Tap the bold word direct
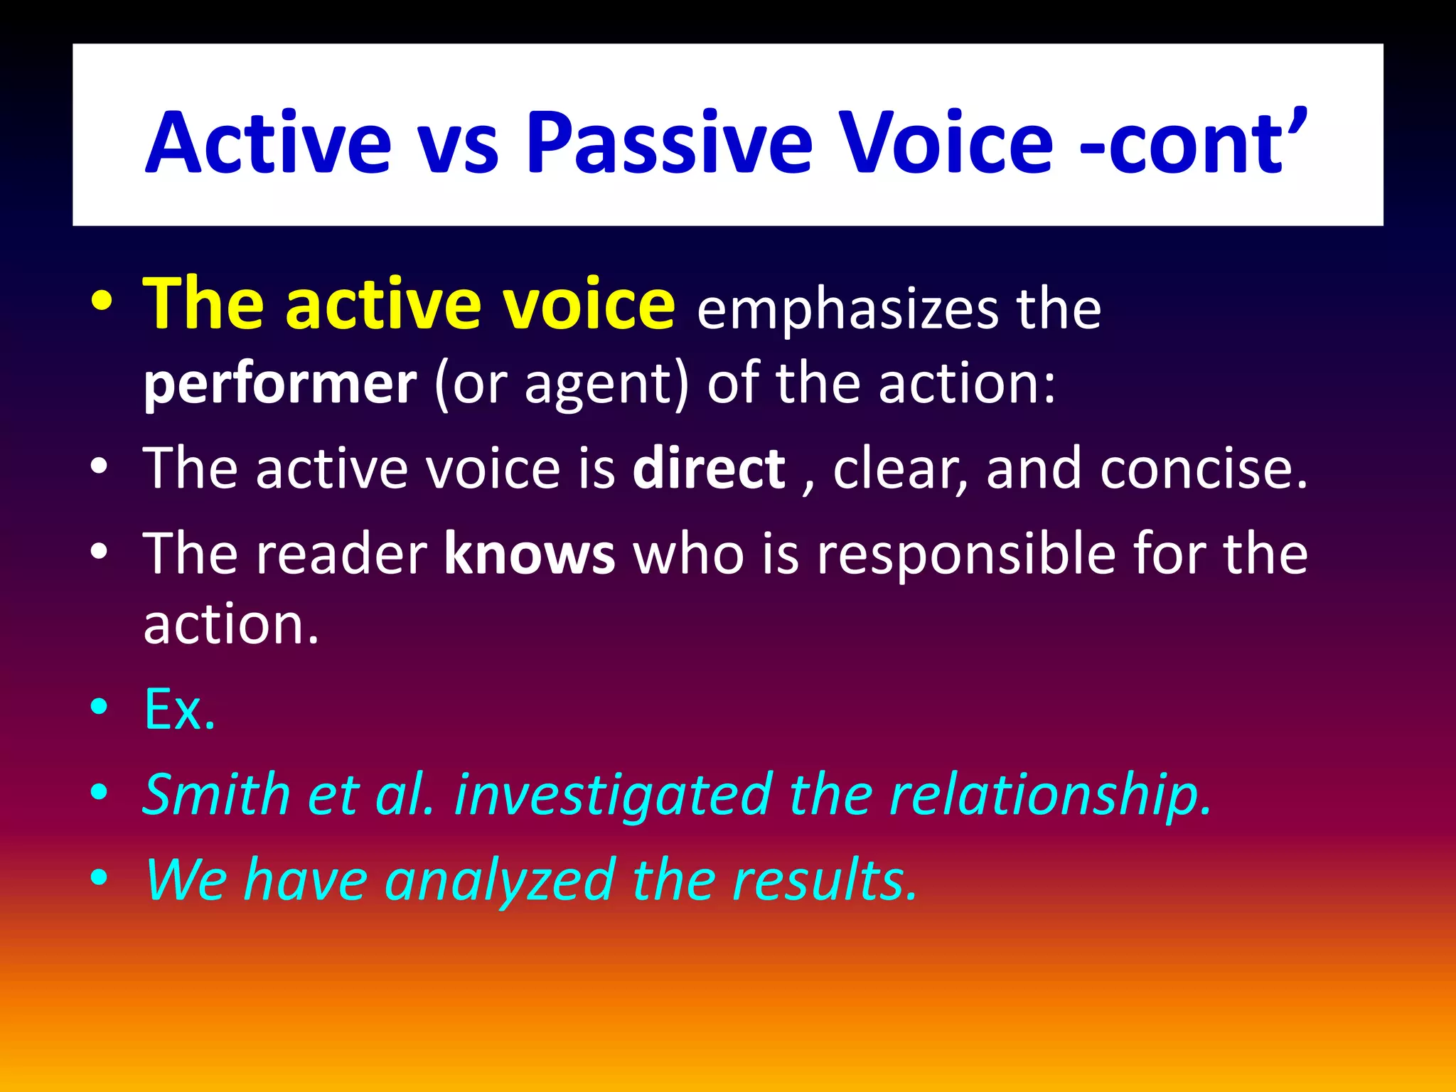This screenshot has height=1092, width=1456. click(x=709, y=469)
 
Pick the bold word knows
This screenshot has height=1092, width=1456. click(x=530, y=555)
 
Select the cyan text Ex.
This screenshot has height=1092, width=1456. click(x=180, y=710)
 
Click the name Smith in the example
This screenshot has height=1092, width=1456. click(x=216, y=794)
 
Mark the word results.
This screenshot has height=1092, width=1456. click(x=825, y=880)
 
